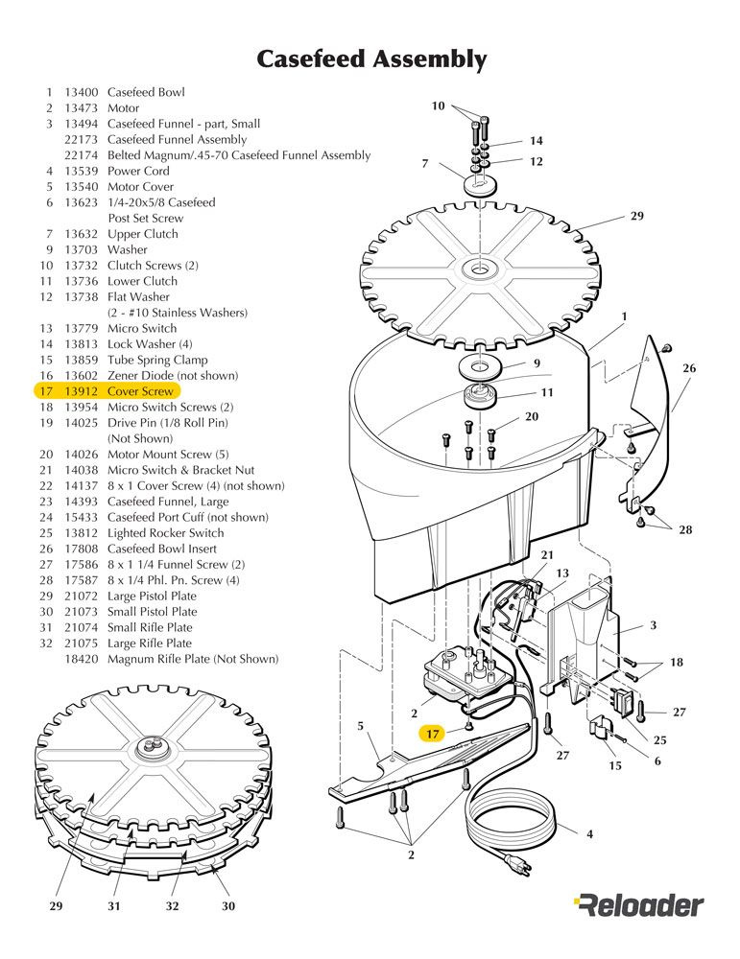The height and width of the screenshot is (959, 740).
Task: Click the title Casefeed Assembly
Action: coord(370,59)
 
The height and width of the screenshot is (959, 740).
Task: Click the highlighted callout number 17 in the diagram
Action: coord(434,734)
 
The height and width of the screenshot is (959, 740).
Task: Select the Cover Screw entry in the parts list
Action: coord(140,391)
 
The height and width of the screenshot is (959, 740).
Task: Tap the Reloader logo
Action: coord(638,904)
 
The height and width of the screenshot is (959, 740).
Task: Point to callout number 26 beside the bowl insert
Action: coord(689,368)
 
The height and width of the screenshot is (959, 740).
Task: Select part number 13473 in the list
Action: coord(82,108)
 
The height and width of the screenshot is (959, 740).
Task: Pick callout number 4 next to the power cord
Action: coord(589,834)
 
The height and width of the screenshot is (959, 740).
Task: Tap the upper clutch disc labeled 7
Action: coord(478,182)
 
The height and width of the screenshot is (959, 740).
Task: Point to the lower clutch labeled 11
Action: coord(477,395)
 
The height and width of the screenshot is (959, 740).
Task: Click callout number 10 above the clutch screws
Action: coord(439,106)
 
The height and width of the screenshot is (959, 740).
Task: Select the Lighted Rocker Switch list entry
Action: coord(165,533)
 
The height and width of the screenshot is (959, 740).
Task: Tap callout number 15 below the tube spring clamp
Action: coord(615,766)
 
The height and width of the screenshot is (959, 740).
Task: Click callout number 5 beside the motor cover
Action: coord(360,727)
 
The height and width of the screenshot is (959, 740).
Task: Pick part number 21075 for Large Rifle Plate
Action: coord(82,643)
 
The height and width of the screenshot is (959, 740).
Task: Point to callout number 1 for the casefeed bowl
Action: coord(624,316)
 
